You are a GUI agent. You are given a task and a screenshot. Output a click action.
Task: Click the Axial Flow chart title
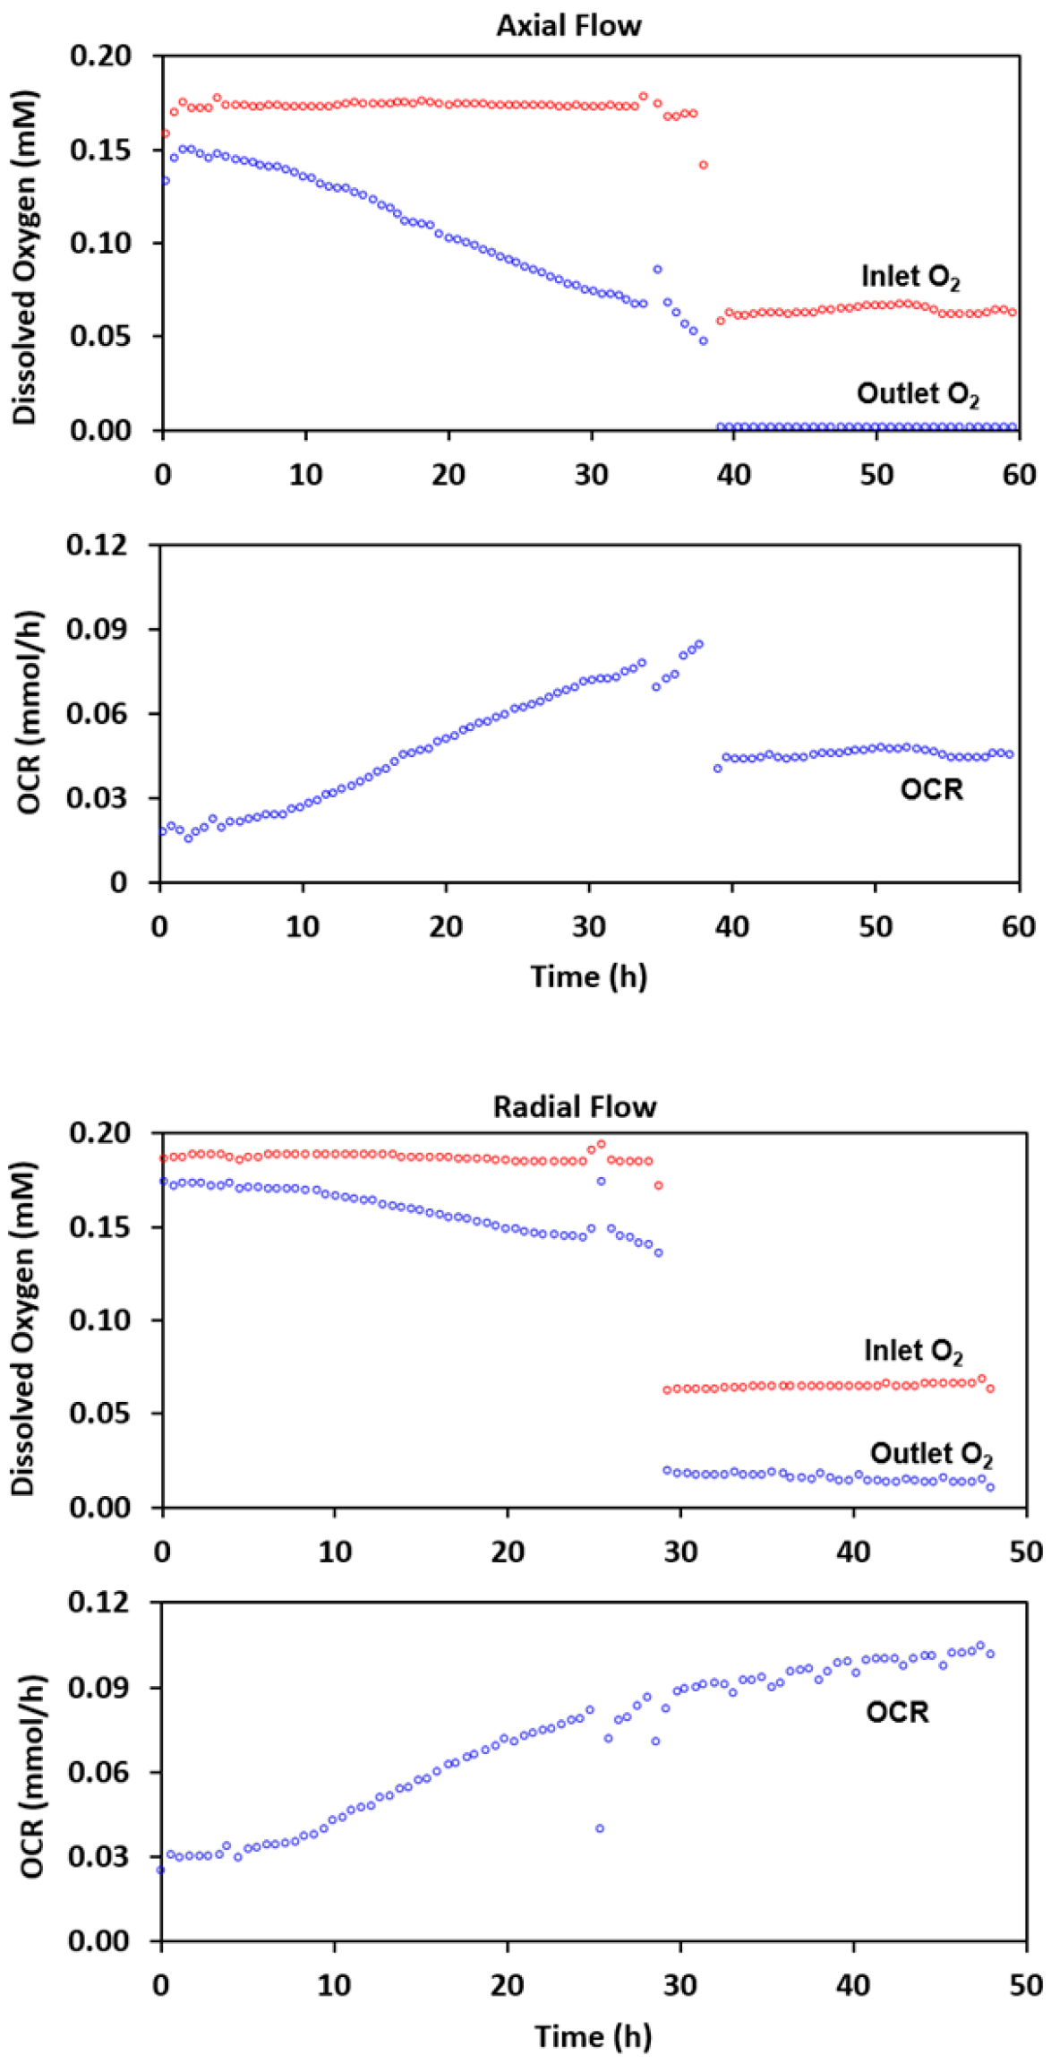click(x=568, y=25)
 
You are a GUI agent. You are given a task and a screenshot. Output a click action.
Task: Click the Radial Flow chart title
click(x=575, y=1107)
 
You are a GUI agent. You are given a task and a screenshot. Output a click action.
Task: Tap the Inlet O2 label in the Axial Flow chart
click(x=910, y=277)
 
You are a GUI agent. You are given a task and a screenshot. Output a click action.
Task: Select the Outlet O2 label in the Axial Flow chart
click(x=918, y=393)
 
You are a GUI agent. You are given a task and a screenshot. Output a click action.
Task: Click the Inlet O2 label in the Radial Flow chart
click(x=912, y=1350)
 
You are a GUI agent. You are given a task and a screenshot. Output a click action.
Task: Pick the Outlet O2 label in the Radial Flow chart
click(x=931, y=1453)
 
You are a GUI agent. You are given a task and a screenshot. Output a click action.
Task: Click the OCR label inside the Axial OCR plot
click(x=932, y=789)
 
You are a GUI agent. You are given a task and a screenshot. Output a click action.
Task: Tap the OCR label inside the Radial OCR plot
click(x=897, y=1713)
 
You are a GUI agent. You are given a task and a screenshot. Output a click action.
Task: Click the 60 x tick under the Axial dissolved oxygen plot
click(x=1019, y=475)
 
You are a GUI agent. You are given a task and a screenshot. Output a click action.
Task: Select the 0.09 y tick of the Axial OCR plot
click(x=97, y=629)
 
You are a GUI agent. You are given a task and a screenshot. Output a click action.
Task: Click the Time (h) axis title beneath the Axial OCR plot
click(x=588, y=976)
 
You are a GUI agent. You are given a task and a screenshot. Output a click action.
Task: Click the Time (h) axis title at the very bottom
click(x=593, y=2036)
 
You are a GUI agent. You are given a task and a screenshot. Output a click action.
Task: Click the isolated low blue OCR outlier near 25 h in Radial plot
click(x=600, y=1828)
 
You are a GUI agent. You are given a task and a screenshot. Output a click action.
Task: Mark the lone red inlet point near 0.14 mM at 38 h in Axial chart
click(x=704, y=165)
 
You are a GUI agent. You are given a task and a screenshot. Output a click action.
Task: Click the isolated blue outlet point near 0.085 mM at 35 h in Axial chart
click(x=657, y=269)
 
